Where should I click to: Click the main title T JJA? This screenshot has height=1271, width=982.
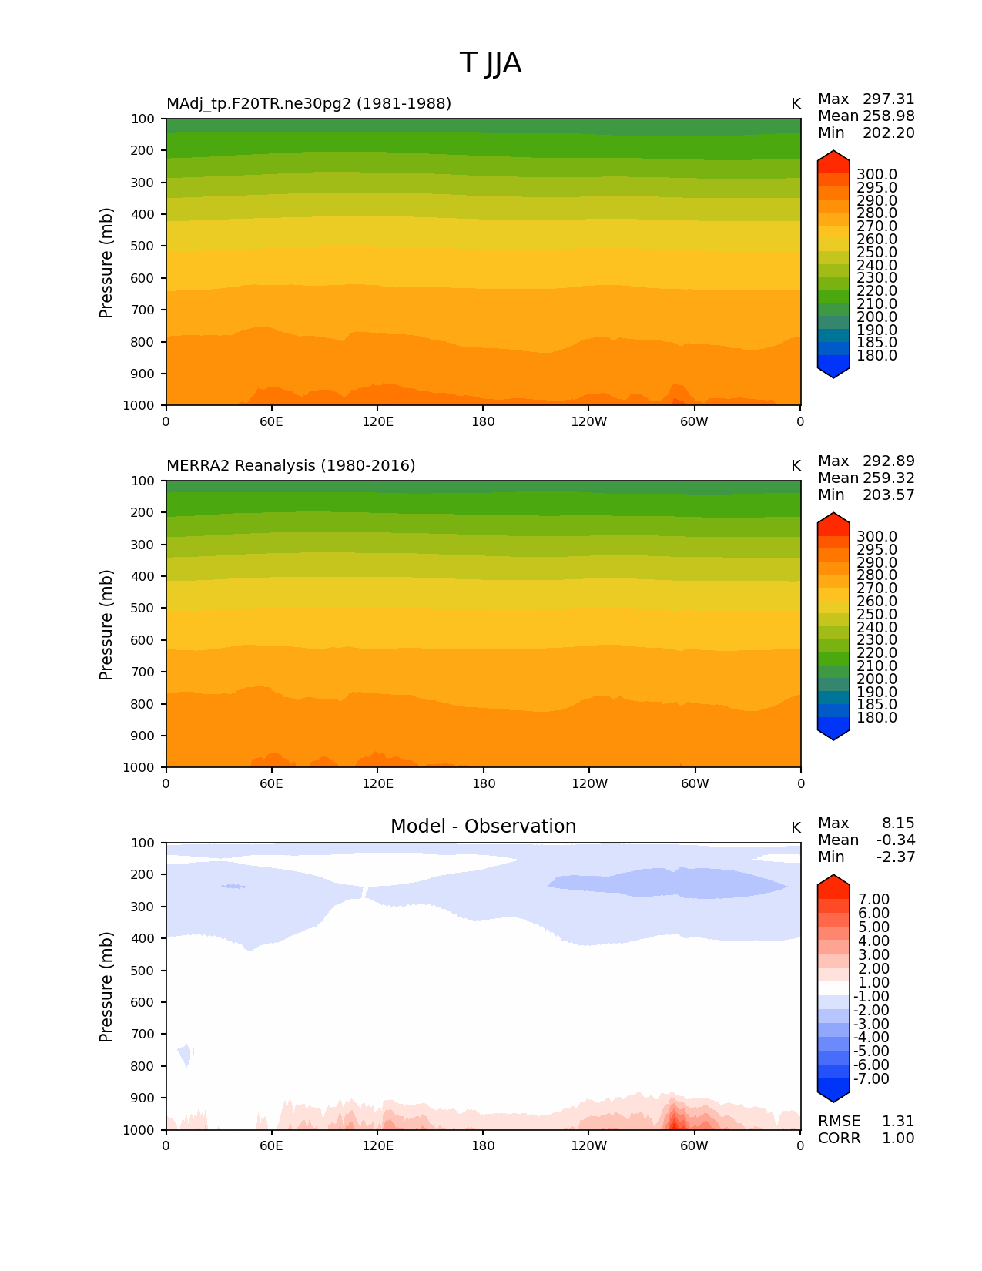tap(491, 63)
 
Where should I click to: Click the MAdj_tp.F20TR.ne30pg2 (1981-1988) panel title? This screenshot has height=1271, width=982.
tap(309, 103)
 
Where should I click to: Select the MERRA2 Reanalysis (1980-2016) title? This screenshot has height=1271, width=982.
tap(290, 465)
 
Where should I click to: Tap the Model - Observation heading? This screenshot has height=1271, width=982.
tap(483, 827)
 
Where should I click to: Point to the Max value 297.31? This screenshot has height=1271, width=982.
tap(888, 99)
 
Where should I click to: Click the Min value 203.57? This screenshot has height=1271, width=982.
tap(888, 495)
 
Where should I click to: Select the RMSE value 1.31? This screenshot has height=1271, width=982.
tap(898, 1121)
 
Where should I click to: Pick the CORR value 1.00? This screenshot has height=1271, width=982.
tap(898, 1138)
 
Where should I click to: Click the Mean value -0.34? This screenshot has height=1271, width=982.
tap(896, 840)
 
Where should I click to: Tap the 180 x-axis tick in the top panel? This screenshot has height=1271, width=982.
tap(483, 421)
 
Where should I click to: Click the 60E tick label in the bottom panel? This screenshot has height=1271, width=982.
tap(271, 1145)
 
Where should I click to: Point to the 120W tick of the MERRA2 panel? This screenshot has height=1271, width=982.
tap(589, 783)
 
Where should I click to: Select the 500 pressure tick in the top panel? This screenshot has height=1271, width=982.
tap(142, 246)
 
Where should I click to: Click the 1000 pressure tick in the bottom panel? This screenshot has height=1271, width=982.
tap(139, 1130)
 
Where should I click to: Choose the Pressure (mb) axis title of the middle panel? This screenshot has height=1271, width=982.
tap(106, 624)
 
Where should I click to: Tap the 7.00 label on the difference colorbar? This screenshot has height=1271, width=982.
tap(874, 899)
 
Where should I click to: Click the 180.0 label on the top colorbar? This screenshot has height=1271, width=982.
tap(876, 355)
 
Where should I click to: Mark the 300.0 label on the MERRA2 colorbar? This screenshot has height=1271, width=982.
tap(876, 536)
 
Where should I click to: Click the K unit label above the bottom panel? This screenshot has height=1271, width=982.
tap(796, 827)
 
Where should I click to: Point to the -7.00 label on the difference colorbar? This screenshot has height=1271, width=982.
tap(871, 1078)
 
